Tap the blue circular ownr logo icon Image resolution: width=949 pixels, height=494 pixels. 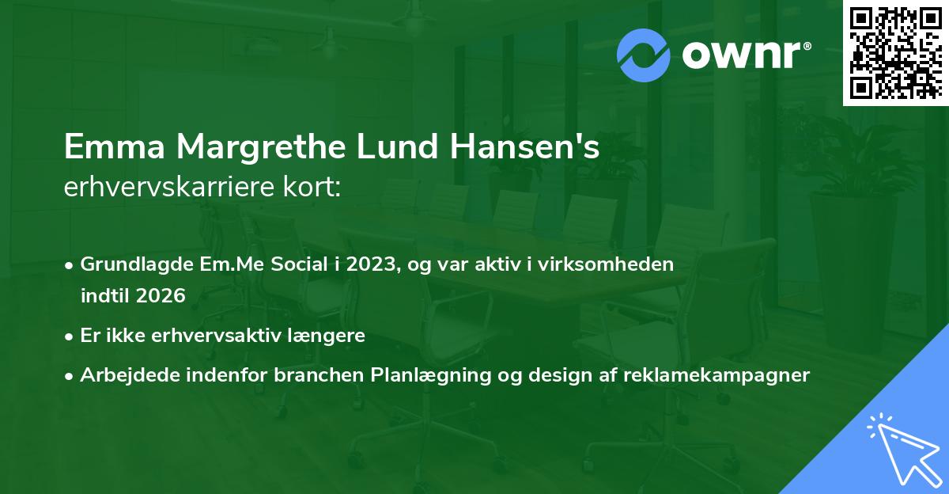pos(644,55)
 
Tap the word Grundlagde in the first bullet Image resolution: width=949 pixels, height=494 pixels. pos(128,264)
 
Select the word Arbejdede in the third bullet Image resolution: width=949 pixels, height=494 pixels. pos(121,375)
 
